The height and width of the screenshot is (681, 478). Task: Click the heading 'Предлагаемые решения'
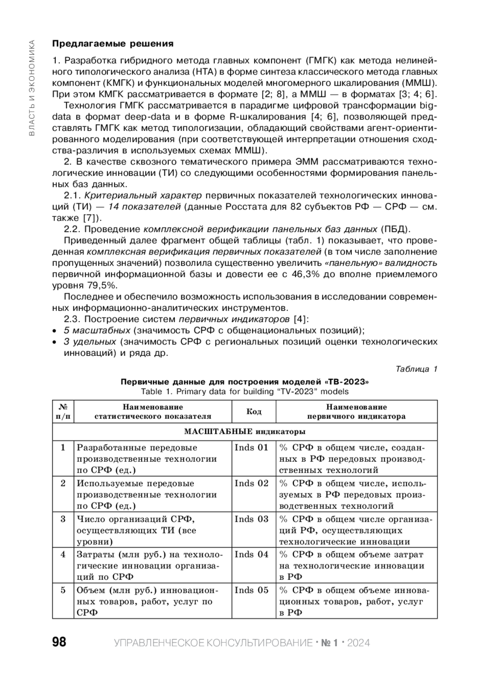pos(113,43)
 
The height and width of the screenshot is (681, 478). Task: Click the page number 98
pos(59,642)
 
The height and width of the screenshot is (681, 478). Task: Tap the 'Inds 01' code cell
pos(252,447)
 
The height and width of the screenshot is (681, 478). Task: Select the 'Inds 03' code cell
pos(252,519)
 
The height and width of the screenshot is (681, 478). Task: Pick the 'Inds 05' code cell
pos(252,590)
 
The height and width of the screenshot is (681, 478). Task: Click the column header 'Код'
pos(254,411)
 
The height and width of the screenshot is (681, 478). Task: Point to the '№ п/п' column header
pos(63,411)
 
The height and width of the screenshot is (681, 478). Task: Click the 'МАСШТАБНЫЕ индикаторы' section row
pos(245,432)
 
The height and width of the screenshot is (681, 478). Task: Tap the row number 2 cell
pos(63,483)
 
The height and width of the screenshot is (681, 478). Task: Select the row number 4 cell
pos(63,554)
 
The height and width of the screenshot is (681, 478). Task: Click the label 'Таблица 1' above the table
pos(416,369)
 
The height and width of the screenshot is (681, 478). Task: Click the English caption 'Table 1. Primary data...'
pos(245,391)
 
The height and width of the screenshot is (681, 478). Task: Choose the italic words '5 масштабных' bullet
pos(97,331)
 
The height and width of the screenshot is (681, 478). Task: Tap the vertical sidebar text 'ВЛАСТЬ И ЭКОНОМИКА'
pos(32,88)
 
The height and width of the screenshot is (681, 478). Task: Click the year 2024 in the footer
pos(358,643)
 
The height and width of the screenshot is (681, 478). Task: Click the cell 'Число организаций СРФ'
pos(136,519)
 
